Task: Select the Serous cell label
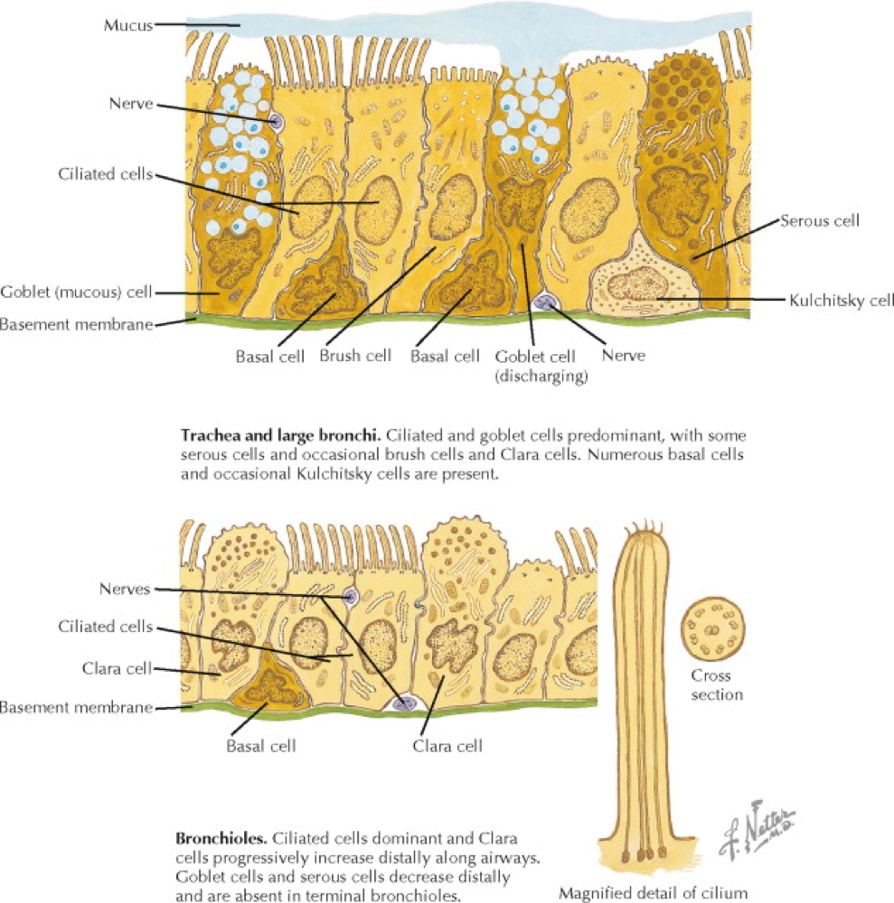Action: [820, 219]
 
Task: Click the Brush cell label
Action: [355, 356]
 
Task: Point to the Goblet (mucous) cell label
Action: [76, 293]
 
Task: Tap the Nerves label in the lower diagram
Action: [126, 590]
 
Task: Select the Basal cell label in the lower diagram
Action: [261, 746]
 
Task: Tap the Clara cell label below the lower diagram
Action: [447, 746]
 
